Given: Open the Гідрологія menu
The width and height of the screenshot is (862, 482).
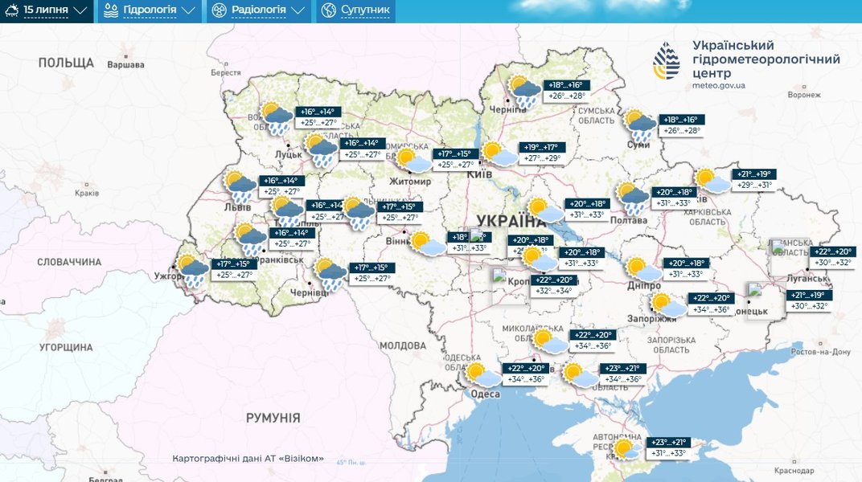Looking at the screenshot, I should point(149,10).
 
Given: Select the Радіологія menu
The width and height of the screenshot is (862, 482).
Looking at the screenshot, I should point(258,10).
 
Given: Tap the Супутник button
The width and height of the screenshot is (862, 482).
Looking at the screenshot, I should point(355,10).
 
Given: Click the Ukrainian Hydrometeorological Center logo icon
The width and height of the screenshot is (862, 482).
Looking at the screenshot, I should point(667,62).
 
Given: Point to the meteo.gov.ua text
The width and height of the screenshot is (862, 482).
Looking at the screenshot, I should point(718,85).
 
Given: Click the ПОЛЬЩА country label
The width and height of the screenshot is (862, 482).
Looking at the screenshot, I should point(66,63).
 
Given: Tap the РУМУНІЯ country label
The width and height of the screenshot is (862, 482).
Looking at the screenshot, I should point(273,418).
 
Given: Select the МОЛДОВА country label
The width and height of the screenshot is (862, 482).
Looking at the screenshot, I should point(402,345).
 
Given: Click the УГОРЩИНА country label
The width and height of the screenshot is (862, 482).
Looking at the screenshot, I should point(67,348).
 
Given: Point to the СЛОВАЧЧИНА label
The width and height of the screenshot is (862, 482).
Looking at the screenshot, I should point(70,262).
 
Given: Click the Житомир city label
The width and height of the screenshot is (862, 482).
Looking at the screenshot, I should point(410,182).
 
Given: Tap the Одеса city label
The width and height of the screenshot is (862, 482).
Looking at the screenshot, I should point(485,393).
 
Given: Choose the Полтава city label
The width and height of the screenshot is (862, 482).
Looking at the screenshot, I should point(629,219).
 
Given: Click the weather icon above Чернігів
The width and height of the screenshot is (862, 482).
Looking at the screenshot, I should point(525,92).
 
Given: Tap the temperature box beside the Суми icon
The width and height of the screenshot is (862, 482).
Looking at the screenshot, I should point(680,125).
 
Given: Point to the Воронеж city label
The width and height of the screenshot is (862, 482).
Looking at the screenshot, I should point(804,94).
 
